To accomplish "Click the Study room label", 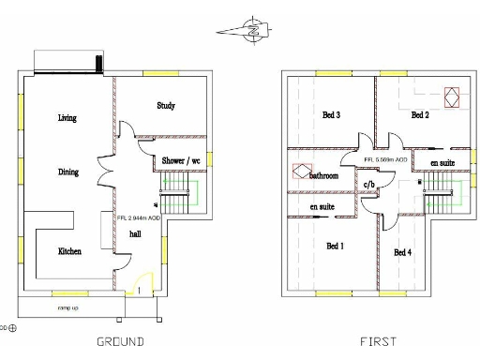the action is coord(166,106).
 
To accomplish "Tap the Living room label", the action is coord(67,118).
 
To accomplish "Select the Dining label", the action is coord(67,172).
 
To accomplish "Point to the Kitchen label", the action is coord(69,251).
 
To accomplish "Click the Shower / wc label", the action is coord(181,161).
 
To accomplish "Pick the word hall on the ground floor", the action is coord(136,233).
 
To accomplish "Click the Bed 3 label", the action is coord(331,115).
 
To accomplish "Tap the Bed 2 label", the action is coord(419,115).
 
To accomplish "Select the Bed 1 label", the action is coord(335,246).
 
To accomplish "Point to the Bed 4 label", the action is coord(403,253).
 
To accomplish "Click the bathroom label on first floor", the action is coord(324,175).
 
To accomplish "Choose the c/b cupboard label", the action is coord(369,185).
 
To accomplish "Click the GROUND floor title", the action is coord(121,342).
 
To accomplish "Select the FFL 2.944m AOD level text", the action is coord(139,217).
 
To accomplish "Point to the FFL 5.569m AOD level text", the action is coord(384,161).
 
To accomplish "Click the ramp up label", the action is coord(67,307).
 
